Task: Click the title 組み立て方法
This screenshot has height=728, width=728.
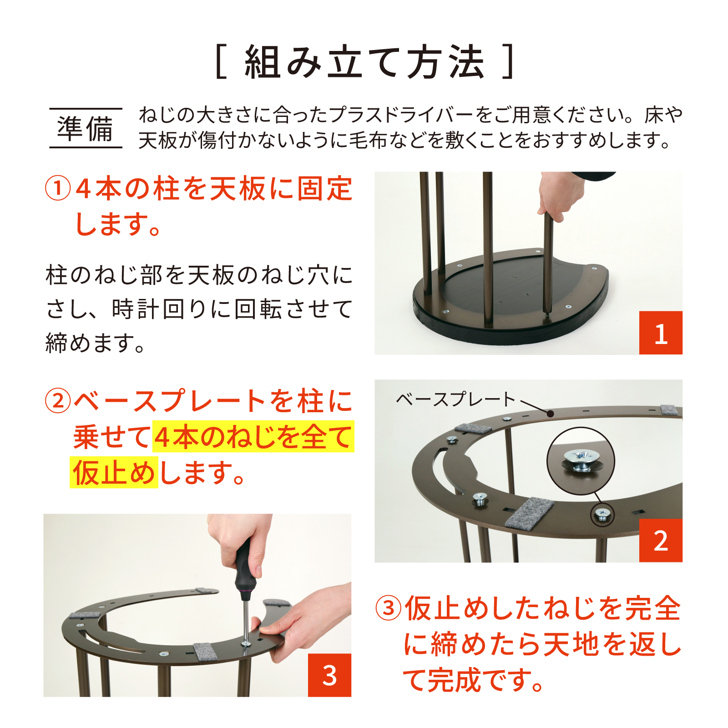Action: [365, 62]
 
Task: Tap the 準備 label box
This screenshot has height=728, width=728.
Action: [86, 128]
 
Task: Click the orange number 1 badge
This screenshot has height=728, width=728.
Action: [661, 333]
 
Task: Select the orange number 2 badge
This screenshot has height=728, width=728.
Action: [661, 540]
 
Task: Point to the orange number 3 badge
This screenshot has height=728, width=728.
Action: [329, 675]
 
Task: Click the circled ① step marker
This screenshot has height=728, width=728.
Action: [58, 188]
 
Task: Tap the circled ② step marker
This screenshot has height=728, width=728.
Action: [58, 401]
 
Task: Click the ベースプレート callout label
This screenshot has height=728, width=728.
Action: [455, 399]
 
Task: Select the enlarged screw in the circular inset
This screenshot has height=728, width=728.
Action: [580, 461]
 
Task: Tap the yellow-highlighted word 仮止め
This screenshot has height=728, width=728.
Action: [114, 473]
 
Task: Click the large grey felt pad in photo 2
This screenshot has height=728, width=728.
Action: [529, 513]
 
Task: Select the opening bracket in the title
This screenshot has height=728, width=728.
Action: [221, 62]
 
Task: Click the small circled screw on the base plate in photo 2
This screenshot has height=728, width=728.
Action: [602, 515]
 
